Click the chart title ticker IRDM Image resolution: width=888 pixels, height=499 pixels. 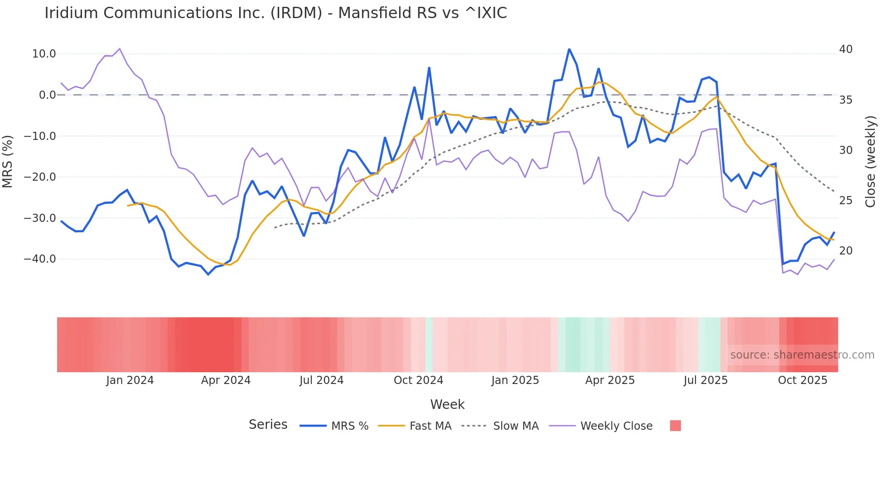click(296, 13)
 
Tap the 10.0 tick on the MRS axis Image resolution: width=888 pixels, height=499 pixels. click(44, 54)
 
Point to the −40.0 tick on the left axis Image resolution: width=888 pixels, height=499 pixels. click(40, 259)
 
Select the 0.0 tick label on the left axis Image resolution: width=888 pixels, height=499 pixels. click(48, 95)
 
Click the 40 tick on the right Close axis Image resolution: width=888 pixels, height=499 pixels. click(845, 49)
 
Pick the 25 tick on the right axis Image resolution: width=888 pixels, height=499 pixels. click(845, 200)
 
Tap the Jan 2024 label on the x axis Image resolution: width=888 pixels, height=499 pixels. click(130, 380)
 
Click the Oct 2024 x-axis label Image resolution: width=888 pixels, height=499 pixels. click(418, 380)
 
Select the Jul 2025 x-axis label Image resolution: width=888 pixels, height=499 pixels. click(705, 380)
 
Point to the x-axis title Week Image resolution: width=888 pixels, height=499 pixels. click(447, 404)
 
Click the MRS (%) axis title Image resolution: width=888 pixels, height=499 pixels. click(8, 161)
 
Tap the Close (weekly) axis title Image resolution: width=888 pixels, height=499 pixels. click(870, 162)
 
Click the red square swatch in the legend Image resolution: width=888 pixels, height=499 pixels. click(675, 426)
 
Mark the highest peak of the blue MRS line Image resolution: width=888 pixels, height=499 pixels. click(569, 49)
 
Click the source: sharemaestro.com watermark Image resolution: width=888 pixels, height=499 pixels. click(802, 355)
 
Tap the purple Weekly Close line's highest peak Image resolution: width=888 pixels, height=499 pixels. click(119, 48)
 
